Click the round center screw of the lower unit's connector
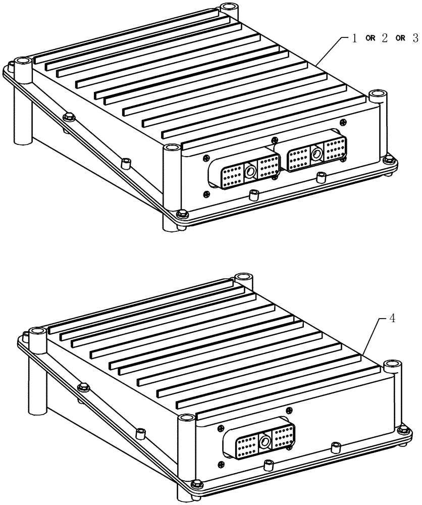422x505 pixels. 265,443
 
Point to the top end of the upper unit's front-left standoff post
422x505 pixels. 172,147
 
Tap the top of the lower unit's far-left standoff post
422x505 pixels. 37,332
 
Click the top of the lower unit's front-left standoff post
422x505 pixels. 186,418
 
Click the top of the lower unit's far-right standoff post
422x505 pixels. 392,364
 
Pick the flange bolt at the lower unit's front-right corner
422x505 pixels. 402,430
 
